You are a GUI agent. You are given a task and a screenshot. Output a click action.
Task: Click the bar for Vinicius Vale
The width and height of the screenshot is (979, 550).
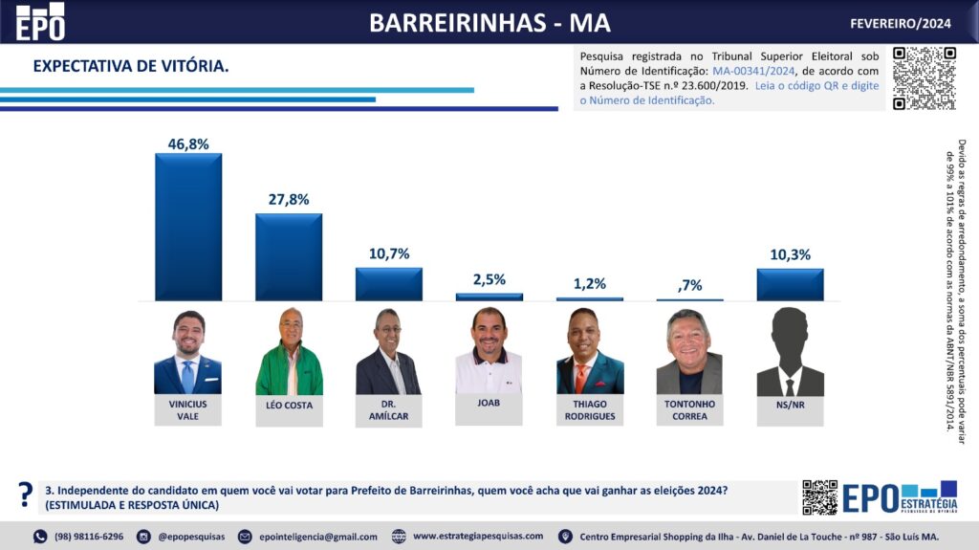(188, 227)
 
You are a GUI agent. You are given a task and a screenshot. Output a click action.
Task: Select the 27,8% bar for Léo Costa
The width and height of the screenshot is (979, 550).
(289, 256)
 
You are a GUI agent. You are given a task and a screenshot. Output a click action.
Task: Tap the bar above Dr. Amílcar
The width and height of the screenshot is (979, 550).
(389, 284)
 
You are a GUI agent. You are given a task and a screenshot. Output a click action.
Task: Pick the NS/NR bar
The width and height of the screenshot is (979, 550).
(790, 284)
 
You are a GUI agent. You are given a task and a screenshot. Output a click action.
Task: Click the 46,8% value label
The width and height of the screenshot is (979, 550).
(188, 143)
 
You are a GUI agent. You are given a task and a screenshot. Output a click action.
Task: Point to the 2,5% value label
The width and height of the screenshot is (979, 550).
(489, 279)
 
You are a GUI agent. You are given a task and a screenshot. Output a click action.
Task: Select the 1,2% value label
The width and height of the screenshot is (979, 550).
(589, 284)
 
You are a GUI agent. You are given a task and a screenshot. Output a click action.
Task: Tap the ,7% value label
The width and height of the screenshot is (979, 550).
(689, 285)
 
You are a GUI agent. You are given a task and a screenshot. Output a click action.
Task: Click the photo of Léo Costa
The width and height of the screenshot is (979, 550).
(289, 351)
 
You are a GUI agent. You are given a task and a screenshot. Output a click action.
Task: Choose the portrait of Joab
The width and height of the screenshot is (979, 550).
(489, 351)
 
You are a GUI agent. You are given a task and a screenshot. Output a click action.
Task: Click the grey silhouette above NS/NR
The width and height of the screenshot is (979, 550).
(790, 351)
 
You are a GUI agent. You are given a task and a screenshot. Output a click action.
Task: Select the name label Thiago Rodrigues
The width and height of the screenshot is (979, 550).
(590, 409)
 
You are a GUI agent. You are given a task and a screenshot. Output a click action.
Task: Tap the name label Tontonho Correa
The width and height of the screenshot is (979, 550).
(689, 409)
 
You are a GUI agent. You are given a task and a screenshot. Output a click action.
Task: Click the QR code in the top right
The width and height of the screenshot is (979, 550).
(924, 77)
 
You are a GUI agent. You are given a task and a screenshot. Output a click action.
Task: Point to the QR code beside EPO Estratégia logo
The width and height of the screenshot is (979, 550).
(819, 497)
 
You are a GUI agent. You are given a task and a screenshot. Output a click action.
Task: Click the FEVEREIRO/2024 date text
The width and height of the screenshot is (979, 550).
(901, 23)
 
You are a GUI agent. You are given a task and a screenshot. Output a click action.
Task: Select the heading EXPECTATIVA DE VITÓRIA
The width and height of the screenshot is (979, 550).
(131, 66)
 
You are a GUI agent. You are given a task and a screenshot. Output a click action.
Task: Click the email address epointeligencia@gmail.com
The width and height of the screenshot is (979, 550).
(317, 537)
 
